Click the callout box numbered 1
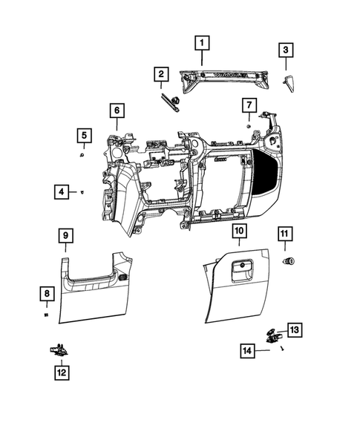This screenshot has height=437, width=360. (202, 44)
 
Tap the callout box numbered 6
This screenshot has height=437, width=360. (116, 111)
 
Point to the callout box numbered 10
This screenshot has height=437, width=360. (238, 231)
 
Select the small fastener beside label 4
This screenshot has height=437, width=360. (82, 192)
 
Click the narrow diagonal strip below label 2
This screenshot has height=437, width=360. (169, 102)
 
